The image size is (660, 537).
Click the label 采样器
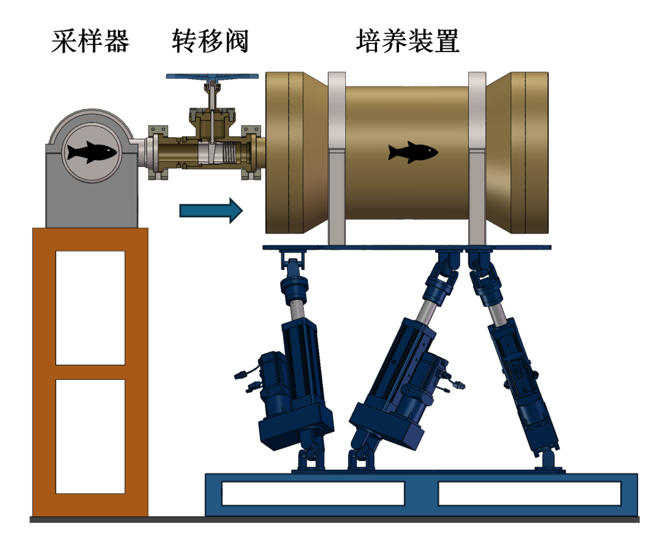tap(90, 42)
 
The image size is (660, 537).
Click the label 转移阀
tap(210, 42)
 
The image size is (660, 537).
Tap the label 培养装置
tap(408, 42)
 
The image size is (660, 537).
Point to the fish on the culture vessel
tap(413, 152)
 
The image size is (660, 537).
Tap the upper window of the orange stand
tap(90, 307)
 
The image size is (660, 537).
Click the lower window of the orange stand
tap(90, 435)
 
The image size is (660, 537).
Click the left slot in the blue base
tap(313, 493)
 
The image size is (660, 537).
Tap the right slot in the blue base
tap(529, 493)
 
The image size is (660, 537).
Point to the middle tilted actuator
tap(400, 373)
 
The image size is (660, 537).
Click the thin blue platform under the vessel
tap(407, 247)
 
